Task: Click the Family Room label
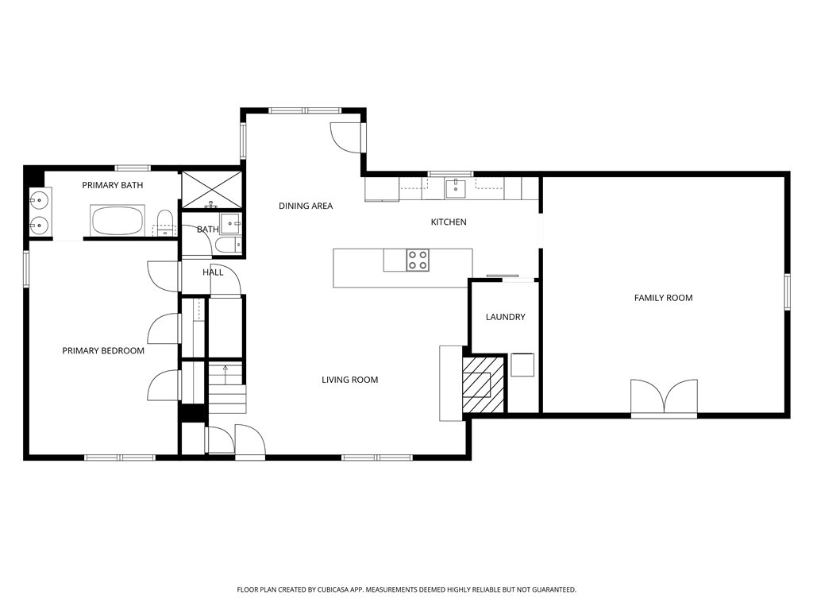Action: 663,298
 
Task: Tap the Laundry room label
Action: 505,317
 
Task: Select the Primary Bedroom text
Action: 103,350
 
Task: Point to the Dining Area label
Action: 306,206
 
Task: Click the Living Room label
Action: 349,380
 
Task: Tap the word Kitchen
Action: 449,222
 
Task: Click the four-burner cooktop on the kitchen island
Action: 418,260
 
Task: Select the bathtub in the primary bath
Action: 118,220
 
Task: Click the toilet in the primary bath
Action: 164,222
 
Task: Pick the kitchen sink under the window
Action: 455,187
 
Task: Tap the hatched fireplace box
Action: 484,384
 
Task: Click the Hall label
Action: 213,272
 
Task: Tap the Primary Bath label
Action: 112,185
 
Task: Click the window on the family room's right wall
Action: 788,291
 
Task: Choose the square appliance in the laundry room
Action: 522,365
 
